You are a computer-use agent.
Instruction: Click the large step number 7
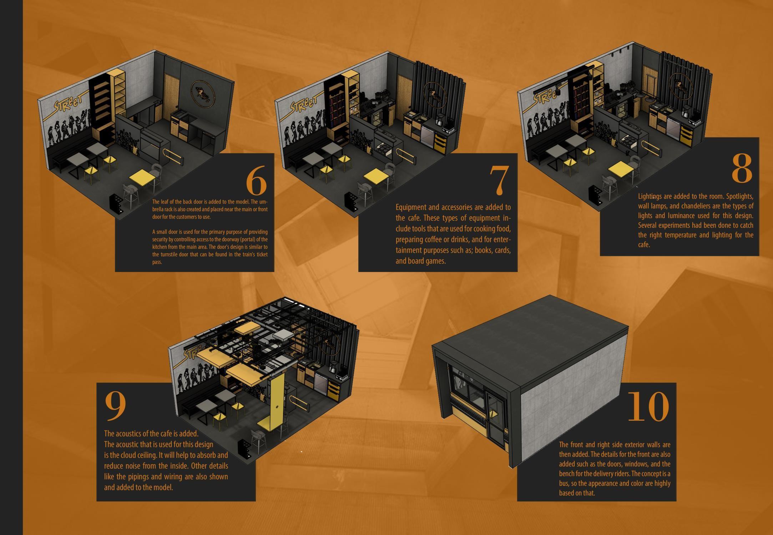pyautogui.click(x=499, y=180)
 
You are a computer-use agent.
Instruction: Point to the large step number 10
pyautogui.click(x=648, y=407)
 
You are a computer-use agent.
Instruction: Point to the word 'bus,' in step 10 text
pyautogui.click(x=565, y=484)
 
